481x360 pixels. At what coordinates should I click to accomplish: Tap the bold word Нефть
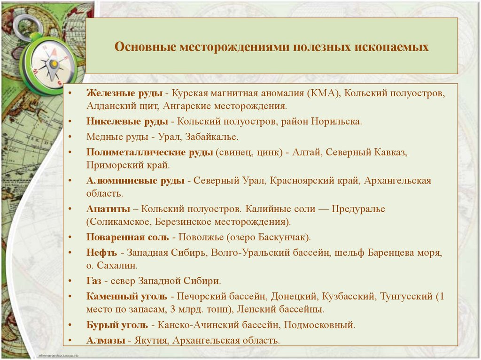coord(101,253)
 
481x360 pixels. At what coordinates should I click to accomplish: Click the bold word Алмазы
coord(106,340)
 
